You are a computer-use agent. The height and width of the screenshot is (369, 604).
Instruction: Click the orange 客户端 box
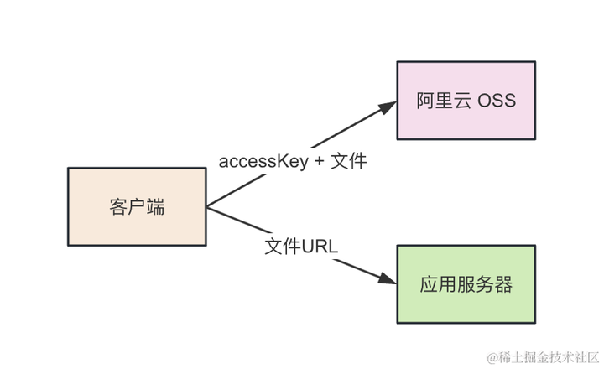(x=137, y=205)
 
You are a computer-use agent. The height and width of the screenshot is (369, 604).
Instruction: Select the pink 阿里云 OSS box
(x=466, y=100)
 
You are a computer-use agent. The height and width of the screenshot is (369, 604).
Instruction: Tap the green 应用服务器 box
(x=466, y=284)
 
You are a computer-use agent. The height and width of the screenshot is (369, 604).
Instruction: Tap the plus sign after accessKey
(x=319, y=163)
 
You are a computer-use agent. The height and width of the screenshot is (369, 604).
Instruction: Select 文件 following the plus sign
(x=348, y=162)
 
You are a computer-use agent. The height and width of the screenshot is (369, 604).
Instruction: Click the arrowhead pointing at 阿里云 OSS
(x=388, y=107)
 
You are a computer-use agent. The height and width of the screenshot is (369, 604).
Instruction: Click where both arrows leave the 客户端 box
(x=207, y=205)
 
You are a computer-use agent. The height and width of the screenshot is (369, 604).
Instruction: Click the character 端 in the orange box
(x=155, y=206)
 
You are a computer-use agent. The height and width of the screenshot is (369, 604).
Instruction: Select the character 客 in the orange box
(x=118, y=206)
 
